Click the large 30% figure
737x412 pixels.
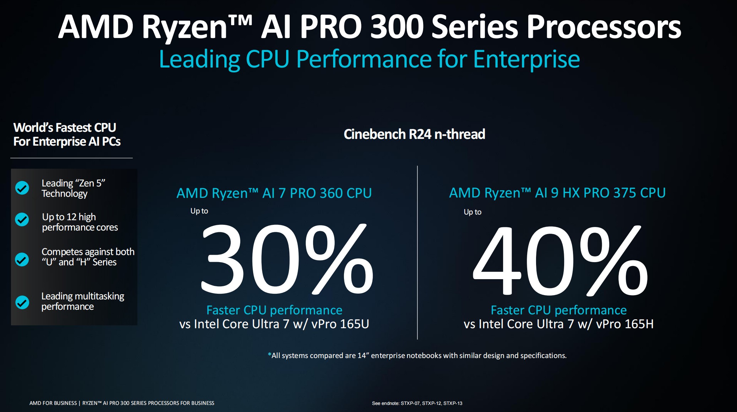[x=287, y=259]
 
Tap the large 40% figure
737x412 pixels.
[x=560, y=260]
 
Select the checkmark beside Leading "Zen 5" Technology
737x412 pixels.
[x=22, y=188]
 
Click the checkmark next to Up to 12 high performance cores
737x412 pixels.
[x=22, y=219]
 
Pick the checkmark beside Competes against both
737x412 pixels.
[x=22, y=259]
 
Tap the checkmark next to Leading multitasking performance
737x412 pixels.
[x=22, y=302]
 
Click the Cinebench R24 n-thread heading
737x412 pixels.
[x=414, y=134]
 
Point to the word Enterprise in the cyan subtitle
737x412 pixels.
[x=526, y=60]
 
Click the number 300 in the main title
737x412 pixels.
[x=397, y=27]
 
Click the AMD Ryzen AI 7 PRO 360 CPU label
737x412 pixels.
[x=274, y=193]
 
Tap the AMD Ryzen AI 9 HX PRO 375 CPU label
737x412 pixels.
[x=557, y=193]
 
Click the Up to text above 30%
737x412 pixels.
[x=199, y=211]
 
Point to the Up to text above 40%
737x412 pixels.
[x=473, y=212]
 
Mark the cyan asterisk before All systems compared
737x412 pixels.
[x=269, y=354]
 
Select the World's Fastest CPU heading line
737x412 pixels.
[x=65, y=128]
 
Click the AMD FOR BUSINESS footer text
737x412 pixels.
[x=53, y=403]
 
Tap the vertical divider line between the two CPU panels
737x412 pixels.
[x=417, y=253]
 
